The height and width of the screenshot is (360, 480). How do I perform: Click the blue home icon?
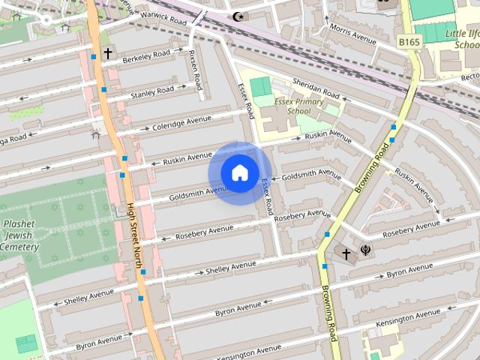tap(239, 172)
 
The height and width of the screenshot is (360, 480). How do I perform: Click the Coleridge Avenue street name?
tap(182, 121)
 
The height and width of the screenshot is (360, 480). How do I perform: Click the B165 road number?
tap(409, 41)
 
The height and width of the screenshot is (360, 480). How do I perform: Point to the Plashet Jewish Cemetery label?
tap(20, 235)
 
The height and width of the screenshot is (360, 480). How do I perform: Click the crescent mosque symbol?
tap(240, 16)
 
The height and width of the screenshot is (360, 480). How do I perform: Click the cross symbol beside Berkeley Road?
tap(108, 53)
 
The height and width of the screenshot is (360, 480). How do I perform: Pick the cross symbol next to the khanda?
tap(346, 253)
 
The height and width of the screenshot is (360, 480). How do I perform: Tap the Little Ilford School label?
tap(462, 39)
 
